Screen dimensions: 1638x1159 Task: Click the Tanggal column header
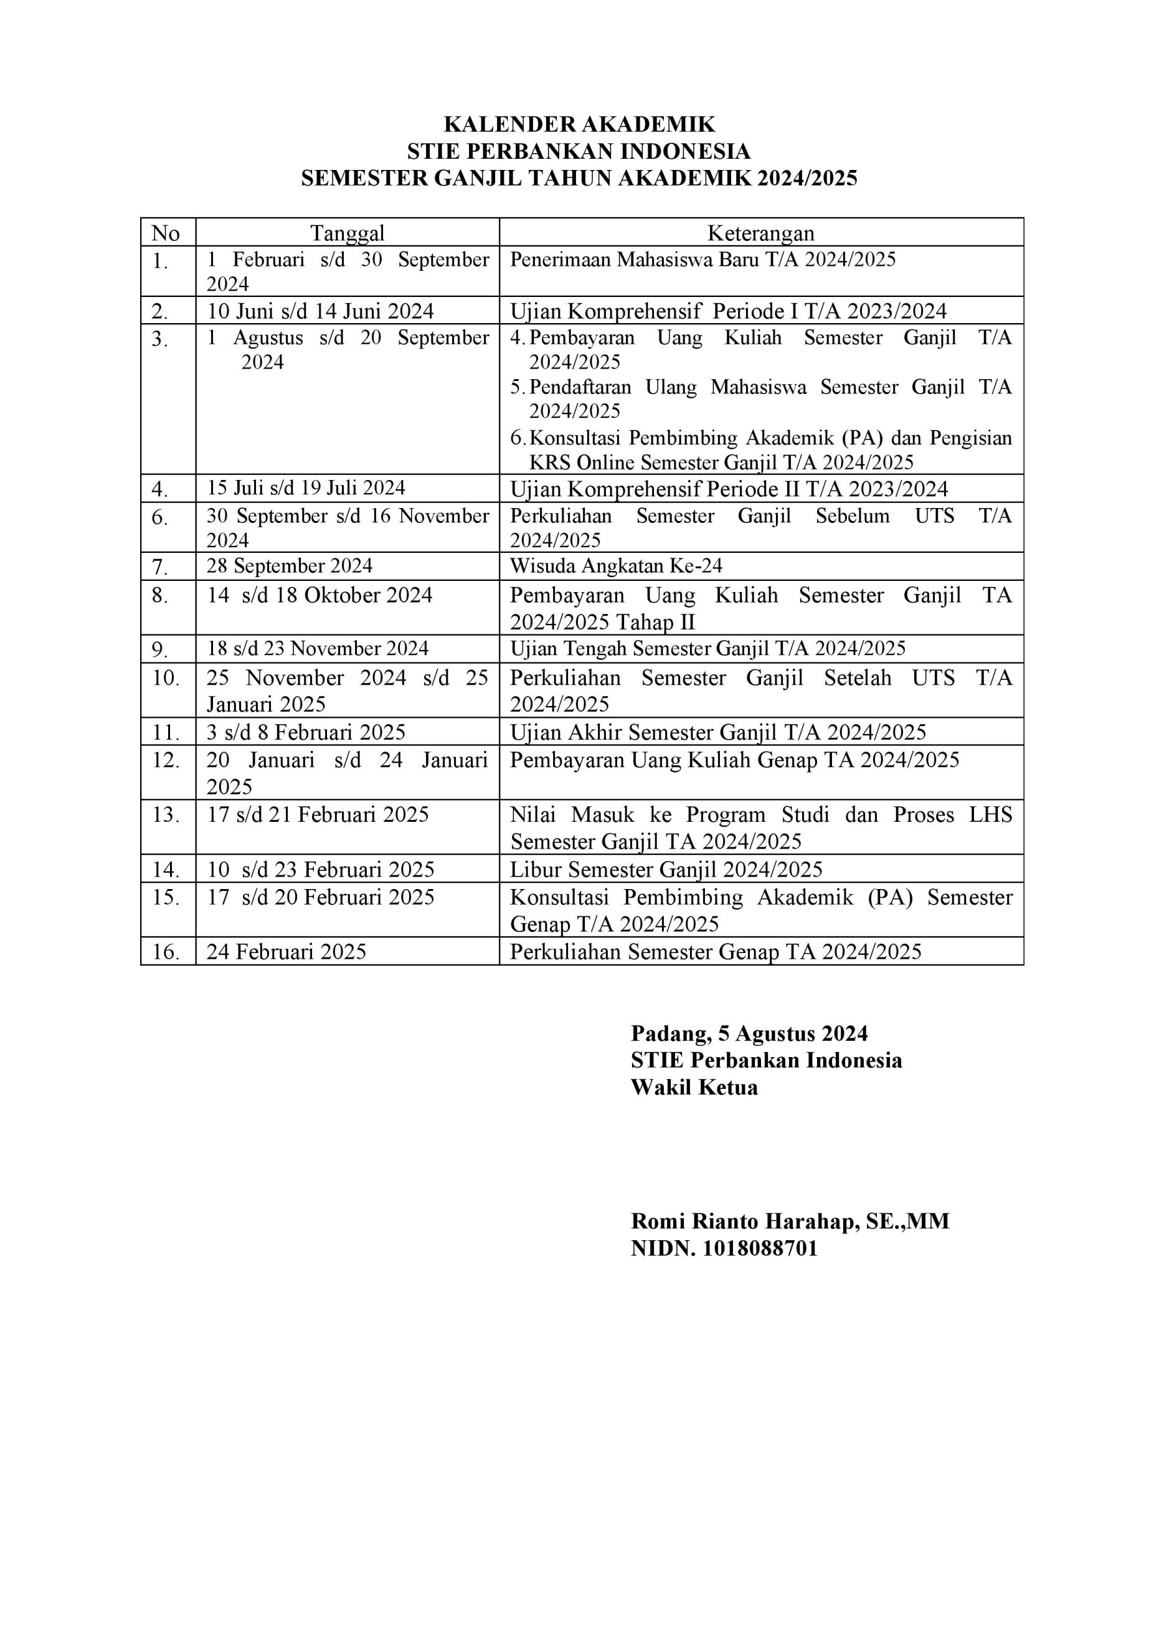pyautogui.click(x=347, y=233)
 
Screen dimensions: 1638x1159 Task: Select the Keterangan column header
pyautogui.click(x=761, y=233)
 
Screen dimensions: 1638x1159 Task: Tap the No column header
pyautogui.click(x=166, y=233)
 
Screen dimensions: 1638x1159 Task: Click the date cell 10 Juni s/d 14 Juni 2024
pyautogui.click(x=321, y=311)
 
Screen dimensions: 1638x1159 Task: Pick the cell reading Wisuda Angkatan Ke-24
pyautogui.click(x=616, y=566)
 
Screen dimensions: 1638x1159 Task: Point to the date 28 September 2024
pyautogui.click(x=290, y=566)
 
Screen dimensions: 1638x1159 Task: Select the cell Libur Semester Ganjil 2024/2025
pyautogui.click(x=666, y=869)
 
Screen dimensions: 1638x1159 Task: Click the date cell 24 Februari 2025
pyautogui.click(x=286, y=952)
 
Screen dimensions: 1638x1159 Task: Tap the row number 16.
pyautogui.click(x=166, y=952)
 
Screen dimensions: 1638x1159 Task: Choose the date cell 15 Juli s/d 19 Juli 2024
pyautogui.click(x=306, y=488)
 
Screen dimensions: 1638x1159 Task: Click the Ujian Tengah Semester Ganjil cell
pyautogui.click(x=707, y=649)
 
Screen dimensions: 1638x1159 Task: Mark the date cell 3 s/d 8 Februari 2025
pyautogui.click(x=306, y=732)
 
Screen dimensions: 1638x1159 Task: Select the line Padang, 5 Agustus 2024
pyautogui.click(x=749, y=1033)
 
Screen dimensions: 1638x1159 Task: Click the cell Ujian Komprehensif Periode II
pyautogui.click(x=729, y=489)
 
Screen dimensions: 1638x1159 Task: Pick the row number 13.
pyautogui.click(x=166, y=815)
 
